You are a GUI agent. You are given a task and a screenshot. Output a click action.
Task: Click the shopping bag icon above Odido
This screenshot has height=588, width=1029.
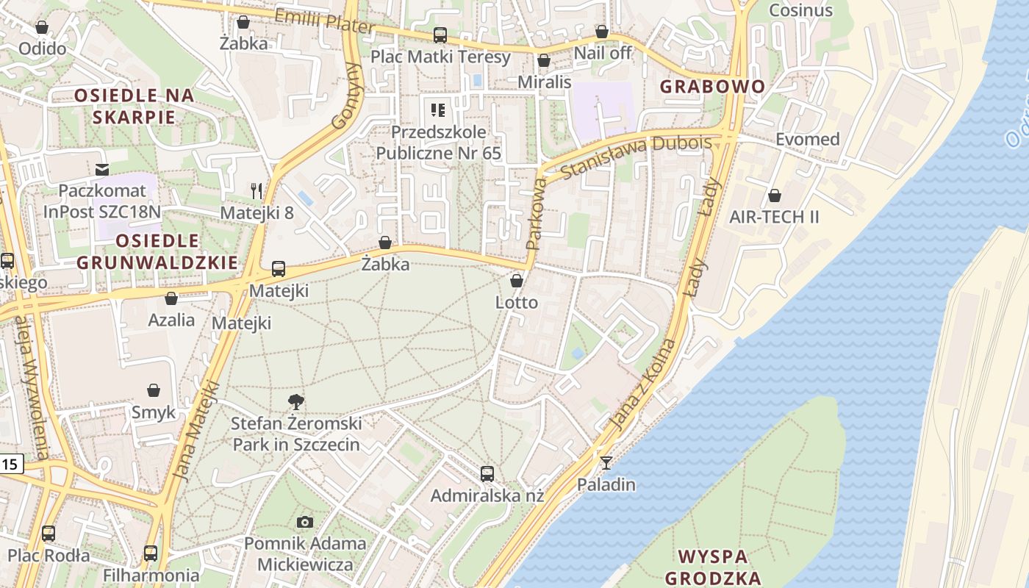pos(42,28)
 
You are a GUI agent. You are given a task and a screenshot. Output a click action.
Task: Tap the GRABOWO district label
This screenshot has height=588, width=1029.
pos(712,86)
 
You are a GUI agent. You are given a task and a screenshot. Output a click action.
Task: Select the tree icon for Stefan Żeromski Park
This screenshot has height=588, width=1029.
pos(296,402)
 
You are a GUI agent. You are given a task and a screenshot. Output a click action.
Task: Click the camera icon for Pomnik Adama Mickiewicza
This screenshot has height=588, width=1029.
pos(305,522)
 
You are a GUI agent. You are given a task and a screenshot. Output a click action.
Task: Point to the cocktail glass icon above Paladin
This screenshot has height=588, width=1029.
pos(606,462)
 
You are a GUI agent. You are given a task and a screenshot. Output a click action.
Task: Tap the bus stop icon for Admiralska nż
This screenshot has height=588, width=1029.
pos(487,473)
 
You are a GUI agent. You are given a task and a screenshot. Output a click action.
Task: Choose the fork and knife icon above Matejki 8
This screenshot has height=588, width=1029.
pos(257,191)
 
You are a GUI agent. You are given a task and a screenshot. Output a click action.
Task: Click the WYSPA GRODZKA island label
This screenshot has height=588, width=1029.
pos(712,566)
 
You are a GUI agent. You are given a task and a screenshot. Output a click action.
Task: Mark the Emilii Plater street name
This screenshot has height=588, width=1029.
pos(324,21)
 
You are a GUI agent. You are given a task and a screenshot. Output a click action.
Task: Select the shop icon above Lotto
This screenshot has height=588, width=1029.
pos(517,281)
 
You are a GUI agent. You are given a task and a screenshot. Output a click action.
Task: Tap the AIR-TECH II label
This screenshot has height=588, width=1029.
pos(774,218)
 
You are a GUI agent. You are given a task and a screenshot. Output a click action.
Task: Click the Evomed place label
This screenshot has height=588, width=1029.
pos(807,139)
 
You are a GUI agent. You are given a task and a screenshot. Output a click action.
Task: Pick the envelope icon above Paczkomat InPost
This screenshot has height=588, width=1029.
pos(101,170)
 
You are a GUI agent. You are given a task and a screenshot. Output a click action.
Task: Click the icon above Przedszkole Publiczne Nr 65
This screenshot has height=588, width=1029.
pos(438,111)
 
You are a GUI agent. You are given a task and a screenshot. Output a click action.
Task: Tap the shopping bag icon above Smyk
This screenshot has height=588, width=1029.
pos(154,390)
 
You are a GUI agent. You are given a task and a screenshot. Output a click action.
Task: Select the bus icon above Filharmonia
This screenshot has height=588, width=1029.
pos(151,553)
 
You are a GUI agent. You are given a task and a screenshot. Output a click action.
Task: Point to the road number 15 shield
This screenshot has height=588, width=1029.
pos(10,464)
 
